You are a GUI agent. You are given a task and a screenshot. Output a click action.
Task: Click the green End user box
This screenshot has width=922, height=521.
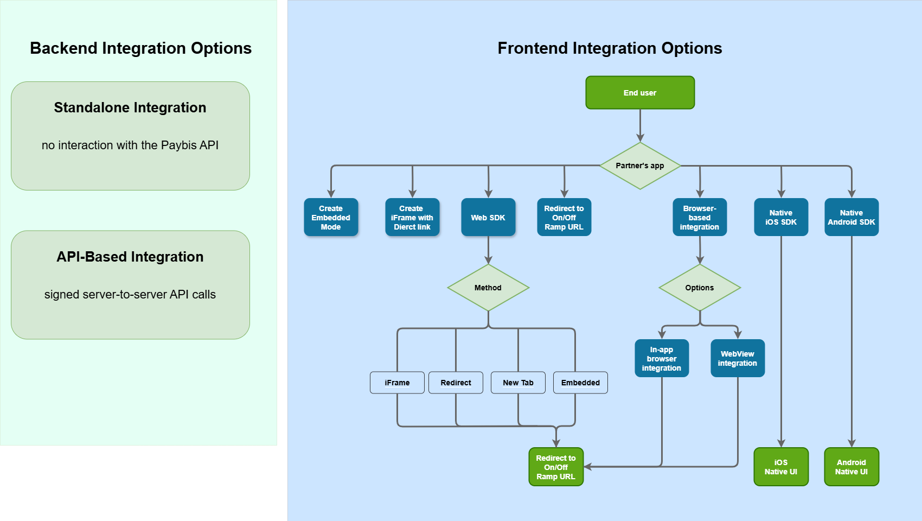tap(640, 93)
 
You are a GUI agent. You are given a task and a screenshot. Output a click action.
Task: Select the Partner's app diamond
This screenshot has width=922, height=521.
tap(640, 166)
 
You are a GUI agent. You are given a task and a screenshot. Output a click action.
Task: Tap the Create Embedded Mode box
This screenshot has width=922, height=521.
tap(331, 218)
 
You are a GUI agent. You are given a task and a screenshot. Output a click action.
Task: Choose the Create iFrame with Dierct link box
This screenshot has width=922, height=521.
tap(412, 218)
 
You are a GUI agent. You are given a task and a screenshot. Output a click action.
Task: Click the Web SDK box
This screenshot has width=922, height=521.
tap(488, 218)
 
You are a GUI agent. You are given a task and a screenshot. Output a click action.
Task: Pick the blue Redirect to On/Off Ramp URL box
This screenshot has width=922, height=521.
tap(564, 218)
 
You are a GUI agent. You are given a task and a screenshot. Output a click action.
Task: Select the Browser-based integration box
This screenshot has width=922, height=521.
tap(700, 218)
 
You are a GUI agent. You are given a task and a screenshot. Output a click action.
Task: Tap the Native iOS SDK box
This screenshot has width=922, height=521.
tap(781, 218)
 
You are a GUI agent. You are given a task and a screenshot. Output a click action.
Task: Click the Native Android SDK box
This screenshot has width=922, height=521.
tap(851, 218)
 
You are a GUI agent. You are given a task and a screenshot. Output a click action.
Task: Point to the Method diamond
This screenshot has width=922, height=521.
tap(488, 288)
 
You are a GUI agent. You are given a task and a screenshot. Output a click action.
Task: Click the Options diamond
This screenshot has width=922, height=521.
tap(700, 288)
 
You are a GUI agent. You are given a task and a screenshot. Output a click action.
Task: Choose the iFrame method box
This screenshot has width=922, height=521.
tap(397, 383)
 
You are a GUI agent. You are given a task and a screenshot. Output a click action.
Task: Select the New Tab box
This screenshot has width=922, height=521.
tap(518, 383)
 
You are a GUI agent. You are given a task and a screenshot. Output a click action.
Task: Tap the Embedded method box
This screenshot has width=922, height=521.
tap(580, 383)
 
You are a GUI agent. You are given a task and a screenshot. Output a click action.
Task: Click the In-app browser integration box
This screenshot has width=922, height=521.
tap(662, 358)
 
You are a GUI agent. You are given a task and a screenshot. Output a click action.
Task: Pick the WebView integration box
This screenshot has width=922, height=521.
tap(738, 358)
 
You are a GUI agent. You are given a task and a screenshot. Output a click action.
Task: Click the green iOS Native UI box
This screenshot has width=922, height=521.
tap(781, 467)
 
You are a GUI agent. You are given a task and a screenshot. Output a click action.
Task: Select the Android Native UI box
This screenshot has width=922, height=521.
tap(851, 467)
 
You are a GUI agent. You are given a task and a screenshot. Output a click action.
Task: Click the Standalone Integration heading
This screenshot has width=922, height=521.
tap(130, 107)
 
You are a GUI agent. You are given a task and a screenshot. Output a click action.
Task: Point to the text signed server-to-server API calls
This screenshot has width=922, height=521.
tap(130, 295)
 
